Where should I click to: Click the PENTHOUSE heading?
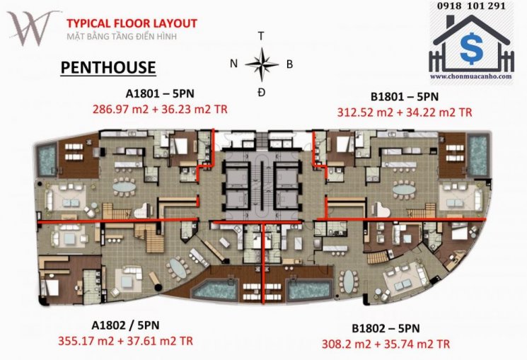pyautogui.click(x=108, y=67)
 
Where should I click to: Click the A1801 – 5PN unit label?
pyautogui.click(x=160, y=93)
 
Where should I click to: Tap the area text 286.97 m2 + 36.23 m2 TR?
pyautogui.click(x=160, y=109)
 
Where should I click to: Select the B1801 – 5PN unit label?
pyautogui.click(x=405, y=96)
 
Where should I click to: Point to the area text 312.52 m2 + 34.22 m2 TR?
pyautogui.click(x=405, y=112)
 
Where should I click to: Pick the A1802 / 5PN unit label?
pyautogui.click(x=125, y=325)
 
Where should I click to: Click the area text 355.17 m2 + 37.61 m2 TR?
pyautogui.click(x=126, y=341)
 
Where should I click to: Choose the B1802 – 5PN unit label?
pyautogui.click(x=386, y=328)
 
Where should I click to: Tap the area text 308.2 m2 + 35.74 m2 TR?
pyautogui.click(x=386, y=344)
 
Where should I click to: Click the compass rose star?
pyautogui.click(x=262, y=64)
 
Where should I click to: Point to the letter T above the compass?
pyautogui.click(x=261, y=36)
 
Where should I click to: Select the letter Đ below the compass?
pyautogui.click(x=262, y=92)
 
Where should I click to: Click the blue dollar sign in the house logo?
pyautogui.click(x=472, y=48)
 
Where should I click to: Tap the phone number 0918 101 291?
pyautogui.click(x=472, y=6)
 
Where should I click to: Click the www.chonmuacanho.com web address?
pyautogui.click(x=471, y=76)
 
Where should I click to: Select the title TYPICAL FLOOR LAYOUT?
pyautogui.click(x=132, y=23)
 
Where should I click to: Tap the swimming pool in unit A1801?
pyautogui.click(x=47, y=159)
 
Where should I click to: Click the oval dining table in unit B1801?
pyautogui.click(x=404, y=190)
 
